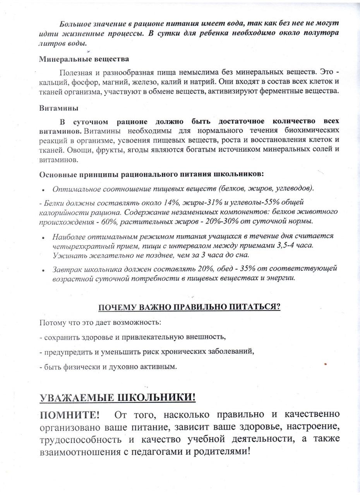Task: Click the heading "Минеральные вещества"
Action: (84, 59)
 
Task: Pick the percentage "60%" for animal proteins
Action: (108, 222)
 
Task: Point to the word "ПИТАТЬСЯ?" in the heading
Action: (256, 307)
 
